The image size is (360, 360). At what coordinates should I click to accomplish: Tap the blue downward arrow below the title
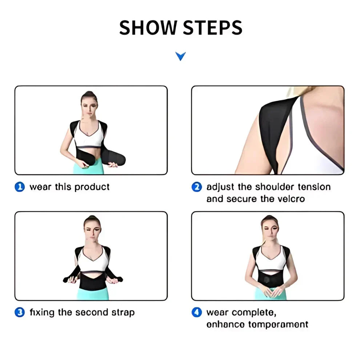[x=180, y=56]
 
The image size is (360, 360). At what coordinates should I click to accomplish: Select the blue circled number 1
[x=19, y=187]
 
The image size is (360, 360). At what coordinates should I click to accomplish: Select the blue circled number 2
[x=196, y=187]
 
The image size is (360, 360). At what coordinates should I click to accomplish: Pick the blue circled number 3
[x=19, y=312]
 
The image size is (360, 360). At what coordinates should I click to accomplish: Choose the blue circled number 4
[x=196, y=312]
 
